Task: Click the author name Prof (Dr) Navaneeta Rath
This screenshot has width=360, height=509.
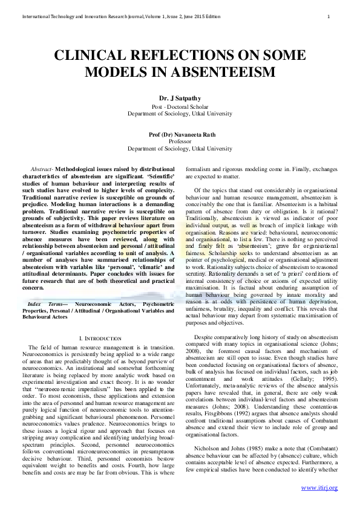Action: pos(180,134)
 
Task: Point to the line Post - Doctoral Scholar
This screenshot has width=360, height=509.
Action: pos(180,106)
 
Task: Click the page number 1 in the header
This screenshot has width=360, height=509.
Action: pos(328,16)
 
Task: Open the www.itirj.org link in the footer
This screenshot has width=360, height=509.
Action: pos(319,487)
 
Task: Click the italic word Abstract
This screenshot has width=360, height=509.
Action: pos(40,169)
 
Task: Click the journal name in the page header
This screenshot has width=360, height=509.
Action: pos(111,16)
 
